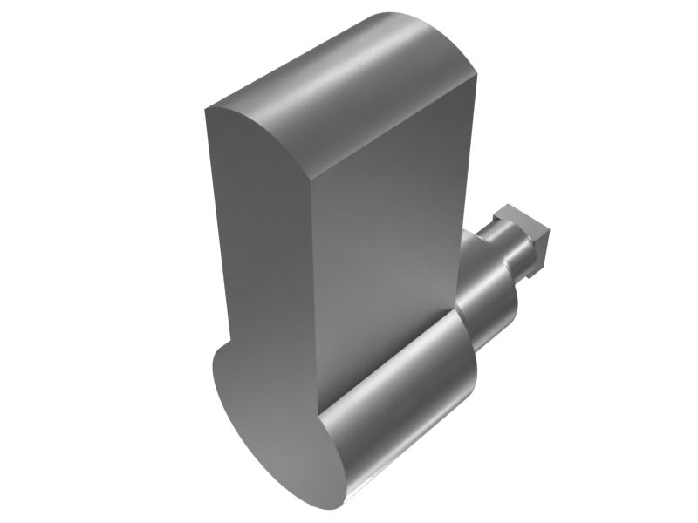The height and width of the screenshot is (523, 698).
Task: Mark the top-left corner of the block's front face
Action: tap(206, 111)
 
